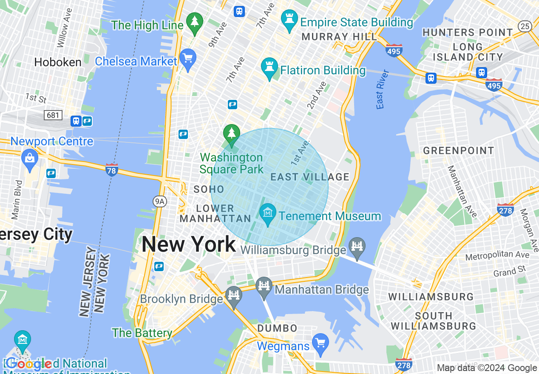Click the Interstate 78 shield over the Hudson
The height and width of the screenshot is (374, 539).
point(111,170)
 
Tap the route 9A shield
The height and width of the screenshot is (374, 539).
point(159,201)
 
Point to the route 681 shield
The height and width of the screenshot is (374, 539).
point(53,115)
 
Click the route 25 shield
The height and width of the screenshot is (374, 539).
point(525,26)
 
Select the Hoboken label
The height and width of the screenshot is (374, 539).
point(57,62)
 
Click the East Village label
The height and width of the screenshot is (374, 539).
point(310,177)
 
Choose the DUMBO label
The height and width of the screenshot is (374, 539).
point(278,328)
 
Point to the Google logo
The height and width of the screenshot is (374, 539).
point(29,364)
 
